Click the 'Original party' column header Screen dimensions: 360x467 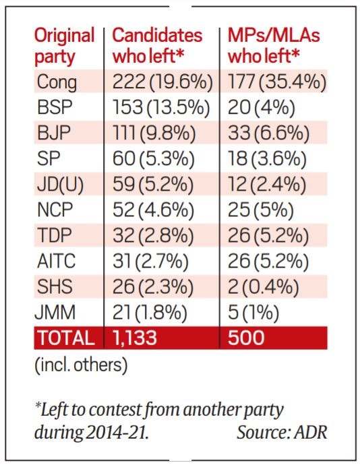64,46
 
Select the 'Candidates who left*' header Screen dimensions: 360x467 157,46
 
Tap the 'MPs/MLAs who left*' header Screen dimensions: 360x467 274,46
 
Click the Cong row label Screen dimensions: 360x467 57,82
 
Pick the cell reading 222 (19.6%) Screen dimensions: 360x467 162,82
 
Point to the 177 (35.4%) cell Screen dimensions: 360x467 277,82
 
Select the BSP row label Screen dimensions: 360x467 55,107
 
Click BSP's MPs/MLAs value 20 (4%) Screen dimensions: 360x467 262,108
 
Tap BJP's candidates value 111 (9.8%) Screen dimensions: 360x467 154,133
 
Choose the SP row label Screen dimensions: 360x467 49,158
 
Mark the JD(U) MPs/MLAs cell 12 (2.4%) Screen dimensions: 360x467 267,185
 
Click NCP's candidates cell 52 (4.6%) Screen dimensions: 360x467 153,210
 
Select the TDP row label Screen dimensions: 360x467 55,235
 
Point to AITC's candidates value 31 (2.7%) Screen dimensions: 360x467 150,261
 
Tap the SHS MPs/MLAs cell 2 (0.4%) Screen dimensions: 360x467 264,287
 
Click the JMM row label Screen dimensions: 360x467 55,313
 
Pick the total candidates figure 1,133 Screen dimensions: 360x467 135,338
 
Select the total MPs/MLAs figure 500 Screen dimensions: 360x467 246,338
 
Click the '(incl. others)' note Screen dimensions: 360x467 81,365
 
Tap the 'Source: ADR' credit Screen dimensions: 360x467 282,432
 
